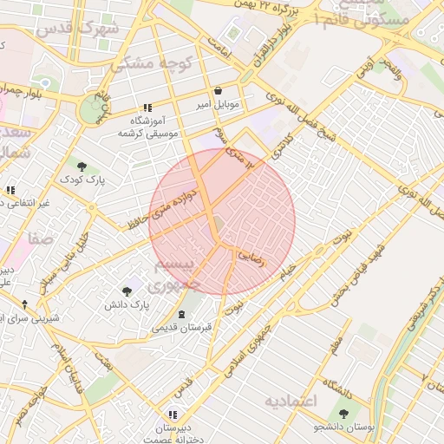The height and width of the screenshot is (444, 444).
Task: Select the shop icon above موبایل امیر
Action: coord(217,90)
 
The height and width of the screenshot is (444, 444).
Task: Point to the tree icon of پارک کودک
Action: coord(82,165)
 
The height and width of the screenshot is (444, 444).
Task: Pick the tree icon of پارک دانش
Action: coord(127,291)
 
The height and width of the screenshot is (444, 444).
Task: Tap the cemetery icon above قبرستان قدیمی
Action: coord(181,314)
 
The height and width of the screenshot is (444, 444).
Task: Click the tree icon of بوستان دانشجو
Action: coord(344,414)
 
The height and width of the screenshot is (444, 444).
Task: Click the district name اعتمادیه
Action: coord(291,401)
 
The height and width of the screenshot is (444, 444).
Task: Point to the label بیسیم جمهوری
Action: coord(177,273)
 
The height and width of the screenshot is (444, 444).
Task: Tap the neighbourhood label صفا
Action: coord(40,237)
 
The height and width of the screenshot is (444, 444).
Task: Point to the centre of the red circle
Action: coord(222,222)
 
